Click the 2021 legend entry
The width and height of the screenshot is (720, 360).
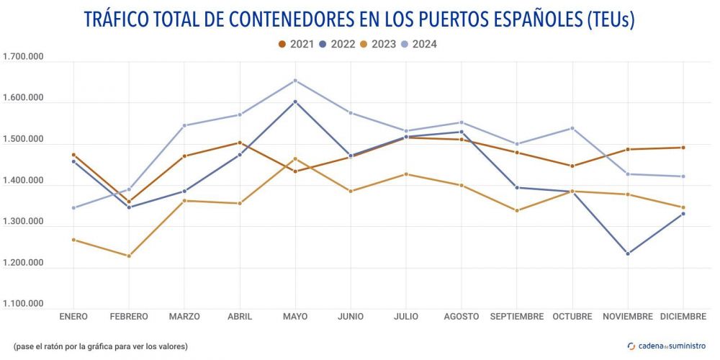[295, 44]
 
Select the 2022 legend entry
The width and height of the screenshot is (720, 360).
[337, 44]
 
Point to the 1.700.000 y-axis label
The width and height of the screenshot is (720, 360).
[24, 57]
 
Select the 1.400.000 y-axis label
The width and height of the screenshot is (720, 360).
[24, 181]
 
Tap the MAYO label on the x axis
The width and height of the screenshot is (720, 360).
[295, 317]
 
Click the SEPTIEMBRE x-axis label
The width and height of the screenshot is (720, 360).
[517, 317]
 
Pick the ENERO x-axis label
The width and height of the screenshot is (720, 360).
[73, 317]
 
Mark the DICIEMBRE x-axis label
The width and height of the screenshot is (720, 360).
[683, 317]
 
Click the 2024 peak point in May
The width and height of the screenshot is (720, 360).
[295, 81]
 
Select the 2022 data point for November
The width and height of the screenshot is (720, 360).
[628, 253]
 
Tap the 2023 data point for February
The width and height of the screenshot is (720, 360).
[129, 256]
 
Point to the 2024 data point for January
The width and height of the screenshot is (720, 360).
[73, 208]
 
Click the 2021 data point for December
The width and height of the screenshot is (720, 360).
[683, 148]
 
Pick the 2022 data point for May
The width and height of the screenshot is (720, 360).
[295, 102]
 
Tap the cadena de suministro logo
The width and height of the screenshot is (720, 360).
[667, 346]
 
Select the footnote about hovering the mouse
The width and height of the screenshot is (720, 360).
[100, 346]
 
